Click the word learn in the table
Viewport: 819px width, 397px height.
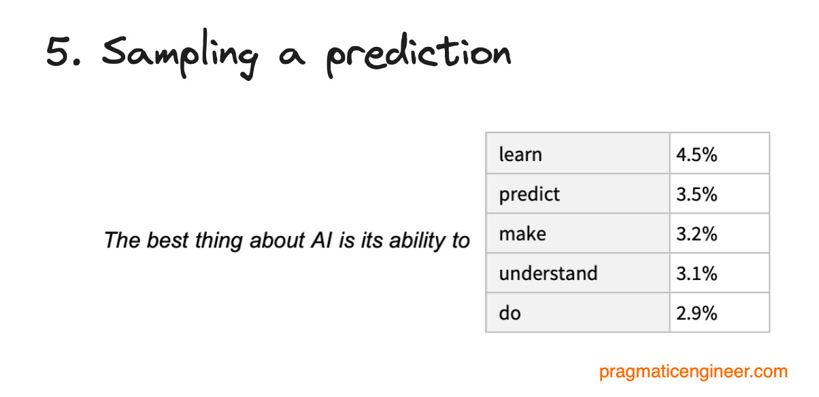pyautogui.click(x=520, y=154)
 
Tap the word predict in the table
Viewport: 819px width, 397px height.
pyautogui.click(x=529, y=194)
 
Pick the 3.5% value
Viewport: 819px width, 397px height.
pyautogui.click(x=697, y=194)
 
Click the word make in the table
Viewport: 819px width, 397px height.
pyautogui.click(x=522, y=233)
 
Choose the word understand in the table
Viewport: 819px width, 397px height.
pyautogui.click(x=548, y=273)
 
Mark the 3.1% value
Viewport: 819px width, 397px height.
pyautogui.click(x=697, y=273)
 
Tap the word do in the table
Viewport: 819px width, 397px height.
pyautogui.click(x=509, y=313)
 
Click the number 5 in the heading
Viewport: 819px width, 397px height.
pyautogui.click(x=58, y=52)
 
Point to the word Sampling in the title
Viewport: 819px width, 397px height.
pyautogui.click(x=180, y=54)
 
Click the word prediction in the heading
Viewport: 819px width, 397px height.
pyautogui.click(x=418, y=55)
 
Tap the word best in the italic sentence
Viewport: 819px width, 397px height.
pyautogui.click(x=167, y=241)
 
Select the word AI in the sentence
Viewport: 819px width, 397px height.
pyautogui.click(x=321, y=241)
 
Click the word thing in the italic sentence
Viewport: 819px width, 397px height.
pyautogui.click(x=218, y=241)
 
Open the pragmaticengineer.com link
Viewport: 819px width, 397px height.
pyautogui.click(x=693, y=372)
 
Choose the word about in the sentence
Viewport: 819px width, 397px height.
pyautogui.click(x=277, y=241)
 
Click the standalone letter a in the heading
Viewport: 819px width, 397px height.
pyautogui.click(x=291, y=56)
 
